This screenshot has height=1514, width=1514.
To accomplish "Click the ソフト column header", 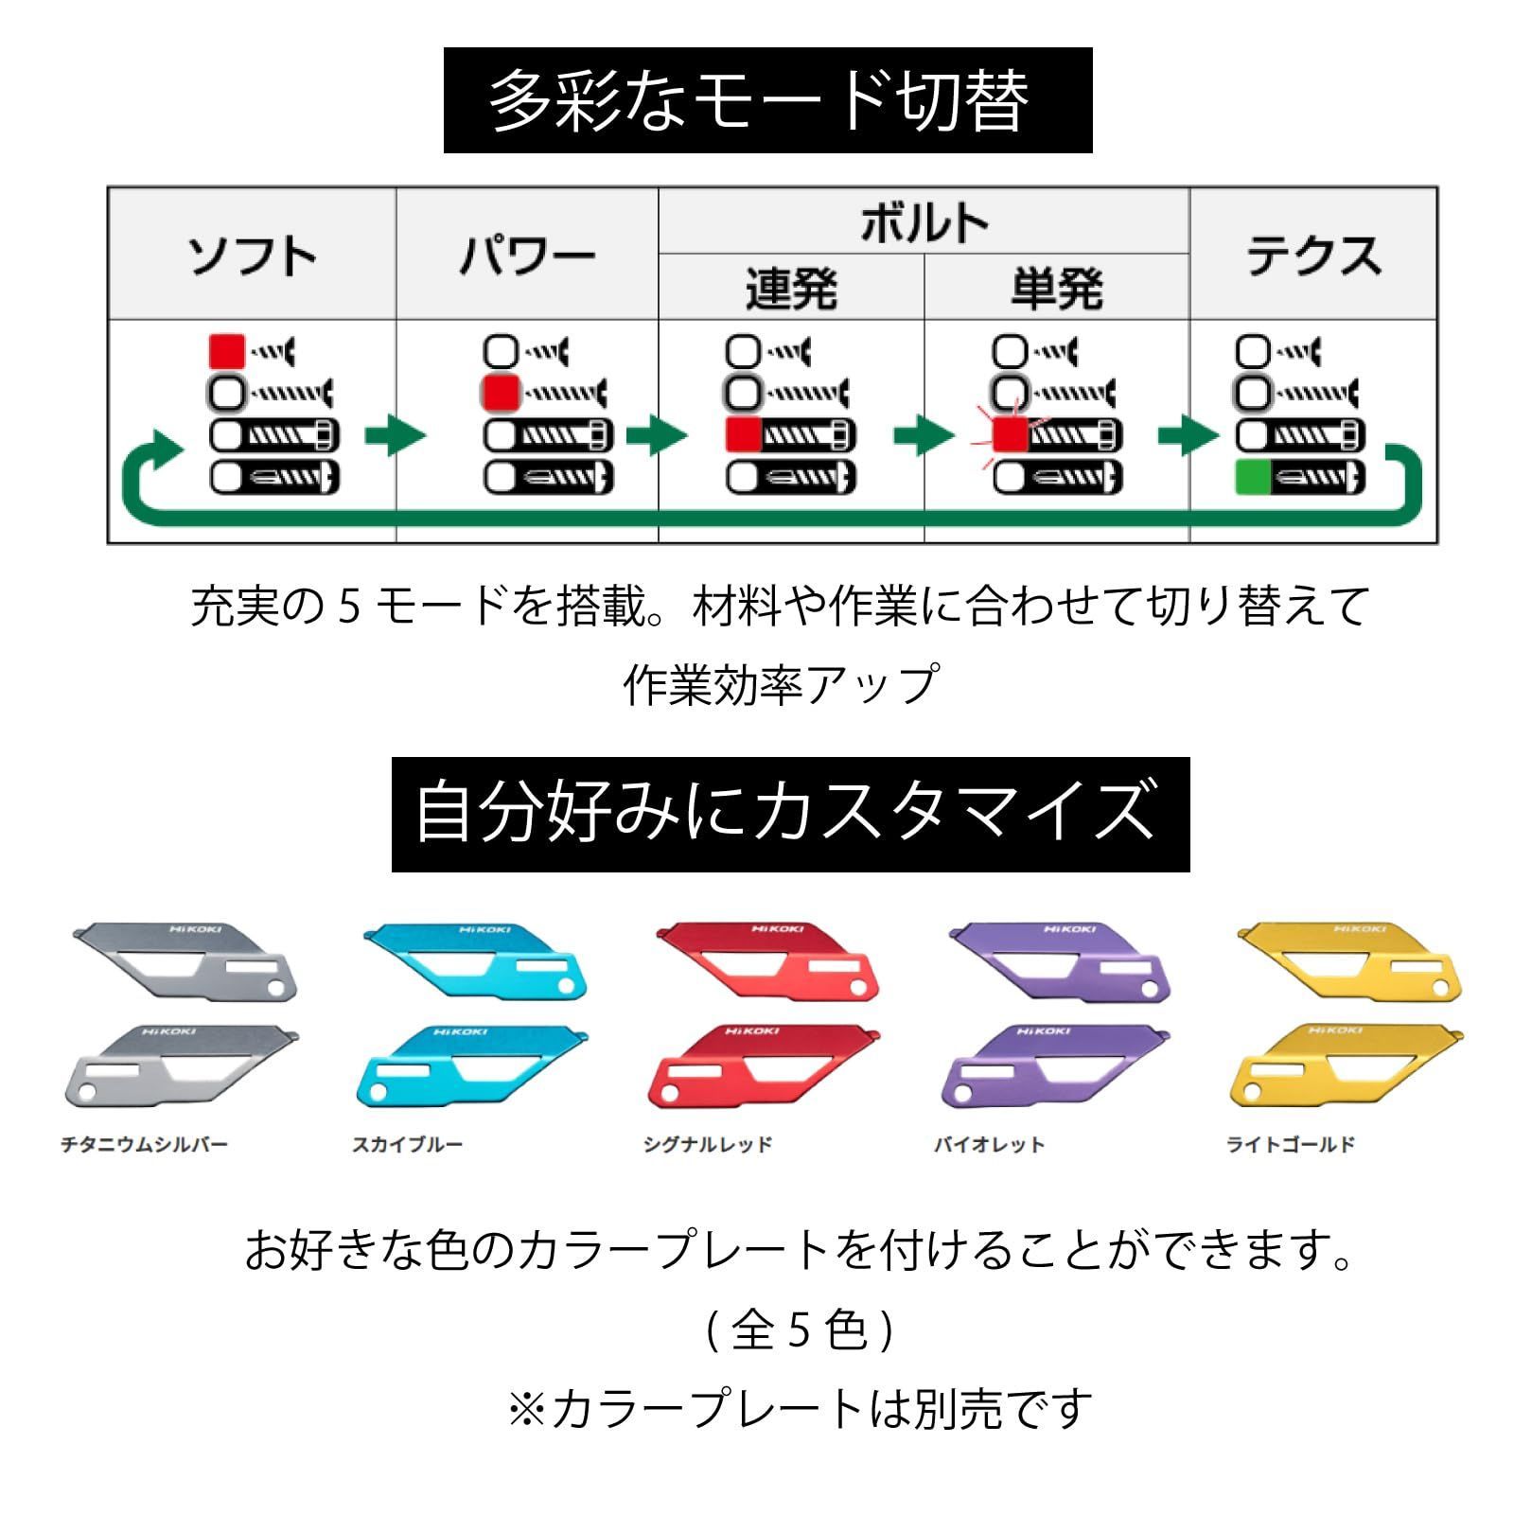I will (x=252, y=255).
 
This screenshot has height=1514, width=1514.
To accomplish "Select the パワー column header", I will (x=527, y=255).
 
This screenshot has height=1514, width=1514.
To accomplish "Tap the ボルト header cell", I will (x=924, y=223).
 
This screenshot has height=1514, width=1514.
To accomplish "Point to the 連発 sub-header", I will (x=791, y=289).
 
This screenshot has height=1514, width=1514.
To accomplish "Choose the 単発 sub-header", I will (x=1056, y=289).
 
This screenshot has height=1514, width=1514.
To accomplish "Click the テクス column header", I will (x=1313, y=255).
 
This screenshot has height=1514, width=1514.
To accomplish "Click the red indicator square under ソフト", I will (x=227, y=351).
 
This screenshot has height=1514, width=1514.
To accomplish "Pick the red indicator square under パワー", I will (x=501, y=393).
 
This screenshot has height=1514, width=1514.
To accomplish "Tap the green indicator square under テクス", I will (x=1253, y=478).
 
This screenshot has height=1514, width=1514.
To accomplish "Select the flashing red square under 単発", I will (x=1010, y=435).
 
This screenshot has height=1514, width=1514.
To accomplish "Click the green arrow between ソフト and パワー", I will (x=396, y=435).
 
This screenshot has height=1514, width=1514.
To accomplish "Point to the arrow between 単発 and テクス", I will (x=1188, y=435).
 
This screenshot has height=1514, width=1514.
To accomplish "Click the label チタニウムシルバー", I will (x=145, y=1145).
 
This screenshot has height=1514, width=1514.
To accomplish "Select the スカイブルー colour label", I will (x=408, y=1145).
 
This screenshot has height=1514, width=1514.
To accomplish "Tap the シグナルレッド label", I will (x=708, y=1145).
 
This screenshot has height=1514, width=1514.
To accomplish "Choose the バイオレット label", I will (x=990, y=1145).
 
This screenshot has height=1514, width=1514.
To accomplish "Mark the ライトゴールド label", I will (x=1291, y=1145).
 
